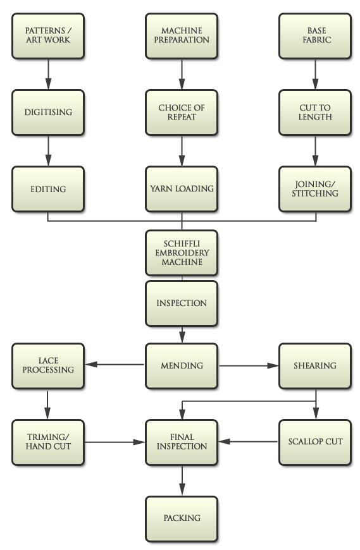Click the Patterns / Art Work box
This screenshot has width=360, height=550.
[48, 35]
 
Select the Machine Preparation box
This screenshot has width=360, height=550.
[182, 35]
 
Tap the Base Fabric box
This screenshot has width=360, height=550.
[315, 35]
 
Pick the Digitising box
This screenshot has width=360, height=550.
[48, 112]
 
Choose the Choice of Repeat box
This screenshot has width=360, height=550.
[182, 112]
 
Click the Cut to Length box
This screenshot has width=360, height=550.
[315, 112]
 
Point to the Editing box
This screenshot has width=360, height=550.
[48, 189]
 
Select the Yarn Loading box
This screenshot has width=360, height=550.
[182, 189]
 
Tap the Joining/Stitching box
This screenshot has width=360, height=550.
[315, 189]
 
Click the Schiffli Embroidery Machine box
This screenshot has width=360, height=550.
[182, 253]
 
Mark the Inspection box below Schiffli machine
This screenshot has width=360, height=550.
[182, 303]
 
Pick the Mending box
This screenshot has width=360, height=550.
[182, 365]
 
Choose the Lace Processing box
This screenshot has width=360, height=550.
[48, 365]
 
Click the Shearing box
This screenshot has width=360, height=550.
[315, 365]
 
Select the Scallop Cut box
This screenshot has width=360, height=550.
[315, 441]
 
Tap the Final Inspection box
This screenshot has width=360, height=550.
[182, 441]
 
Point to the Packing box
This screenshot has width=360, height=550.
[182, 518]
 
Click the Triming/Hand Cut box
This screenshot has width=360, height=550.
[48, 441]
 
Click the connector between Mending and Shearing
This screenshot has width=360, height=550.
[249, 365]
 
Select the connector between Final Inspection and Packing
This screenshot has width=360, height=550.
[182, 482]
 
